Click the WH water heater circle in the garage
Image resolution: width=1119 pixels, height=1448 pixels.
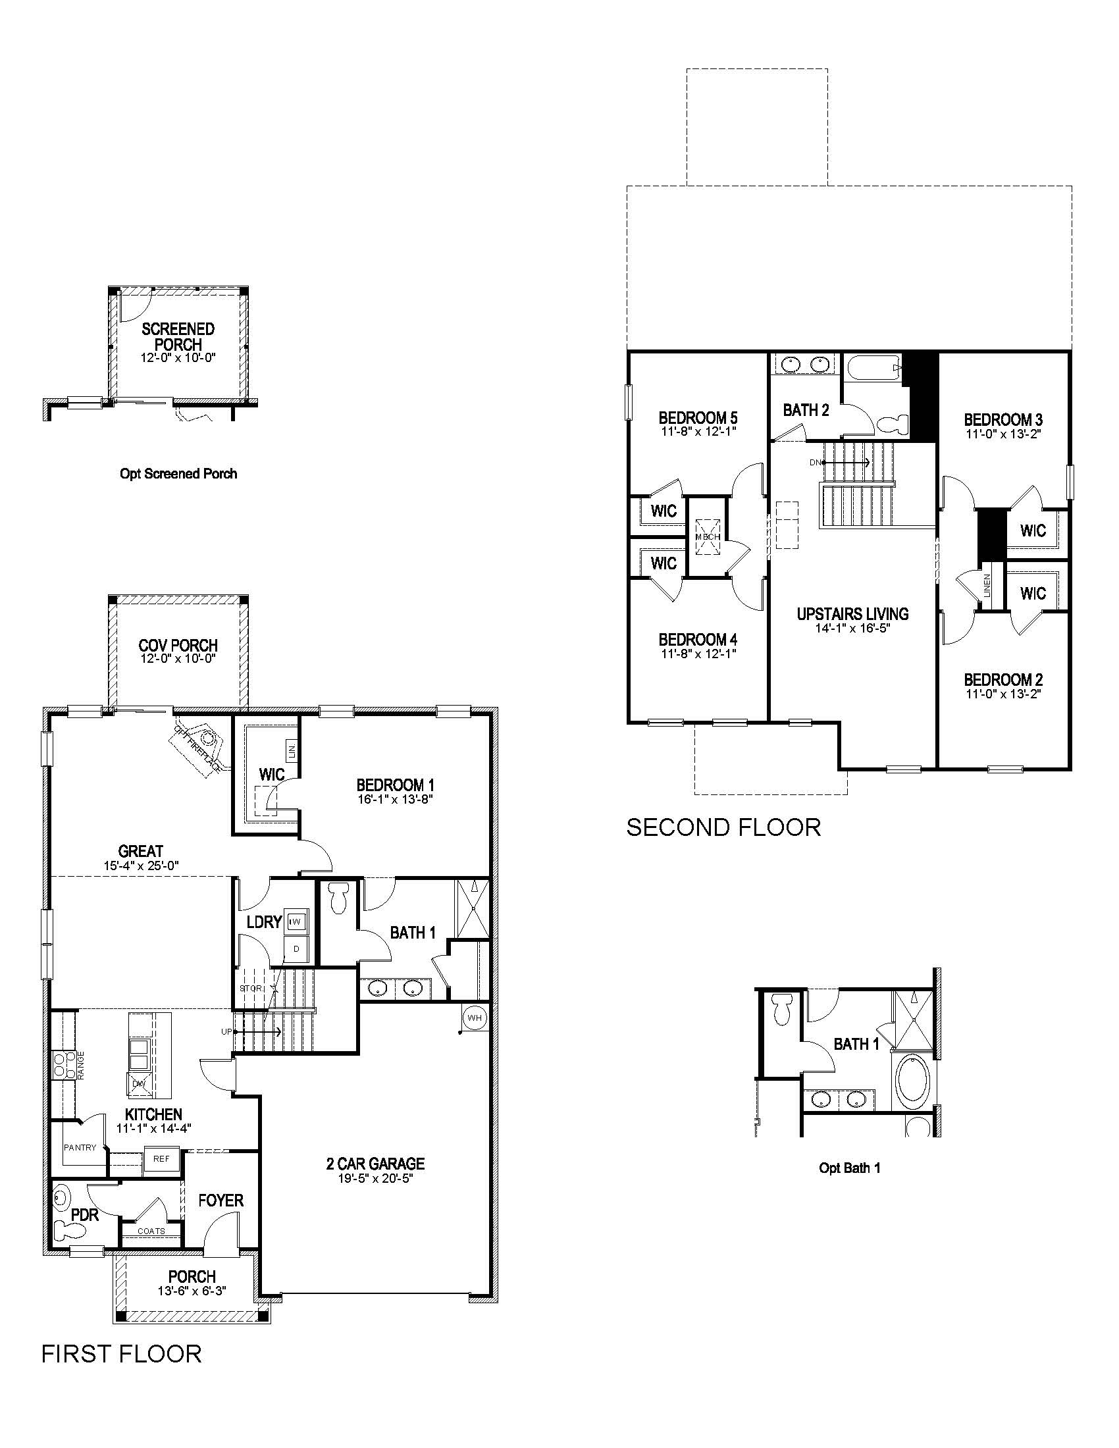pos(475,1018)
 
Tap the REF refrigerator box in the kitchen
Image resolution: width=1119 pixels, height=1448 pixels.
pos(161,1159)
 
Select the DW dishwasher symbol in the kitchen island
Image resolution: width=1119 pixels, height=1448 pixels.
pos(138,1083)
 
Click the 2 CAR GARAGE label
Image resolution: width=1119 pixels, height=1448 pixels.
pos(375,1163)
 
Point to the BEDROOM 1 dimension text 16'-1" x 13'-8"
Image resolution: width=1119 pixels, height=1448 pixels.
pos(395,799)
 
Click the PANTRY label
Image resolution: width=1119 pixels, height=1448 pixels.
pos(80,1147)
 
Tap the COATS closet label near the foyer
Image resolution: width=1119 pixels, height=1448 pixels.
pos(151,1231)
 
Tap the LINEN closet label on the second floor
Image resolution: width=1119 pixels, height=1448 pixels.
pos(988,586)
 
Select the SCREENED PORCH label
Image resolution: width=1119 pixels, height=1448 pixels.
pos(178,336)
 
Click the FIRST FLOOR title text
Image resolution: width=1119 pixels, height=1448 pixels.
pos(121,1353)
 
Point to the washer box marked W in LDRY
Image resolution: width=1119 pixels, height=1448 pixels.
pos(296,921)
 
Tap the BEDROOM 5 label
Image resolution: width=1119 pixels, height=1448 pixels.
pos(698,418)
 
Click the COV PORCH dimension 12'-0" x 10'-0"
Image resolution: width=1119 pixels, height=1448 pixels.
pos(178,659)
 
